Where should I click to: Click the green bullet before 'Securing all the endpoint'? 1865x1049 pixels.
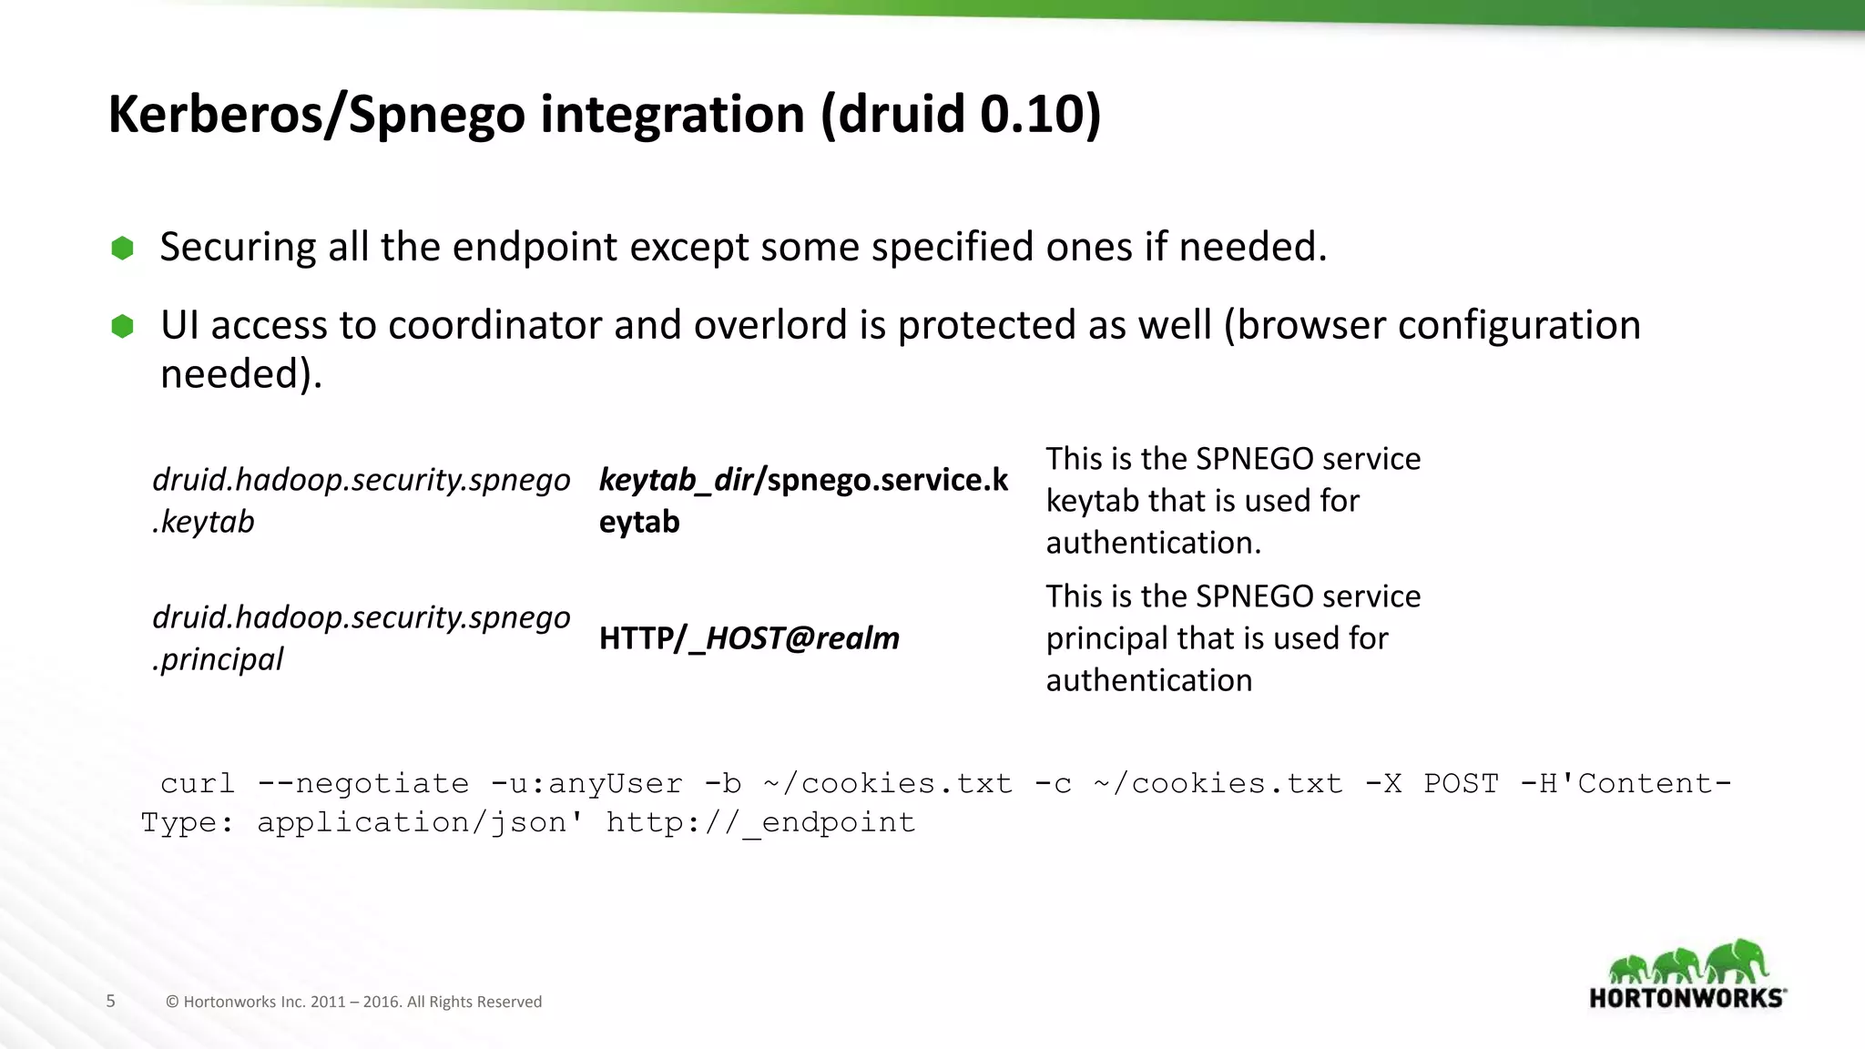[122, 248]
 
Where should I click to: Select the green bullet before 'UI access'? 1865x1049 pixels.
[122, 326]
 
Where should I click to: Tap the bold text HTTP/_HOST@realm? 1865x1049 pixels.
[749, 638]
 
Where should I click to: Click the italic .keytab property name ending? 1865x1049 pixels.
[204, 522]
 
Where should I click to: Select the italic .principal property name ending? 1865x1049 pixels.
[219, 659]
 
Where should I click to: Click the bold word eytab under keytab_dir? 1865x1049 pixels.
[639, 522]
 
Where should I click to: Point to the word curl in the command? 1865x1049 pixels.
[198, 783]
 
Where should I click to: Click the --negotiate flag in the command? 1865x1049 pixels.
[363, 783]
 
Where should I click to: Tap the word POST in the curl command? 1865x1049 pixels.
[1461, 783]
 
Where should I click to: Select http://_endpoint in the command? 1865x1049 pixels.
[760, 822]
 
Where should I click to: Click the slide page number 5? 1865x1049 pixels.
[111, 1001]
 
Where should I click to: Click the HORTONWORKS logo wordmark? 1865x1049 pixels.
[1687, 998]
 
